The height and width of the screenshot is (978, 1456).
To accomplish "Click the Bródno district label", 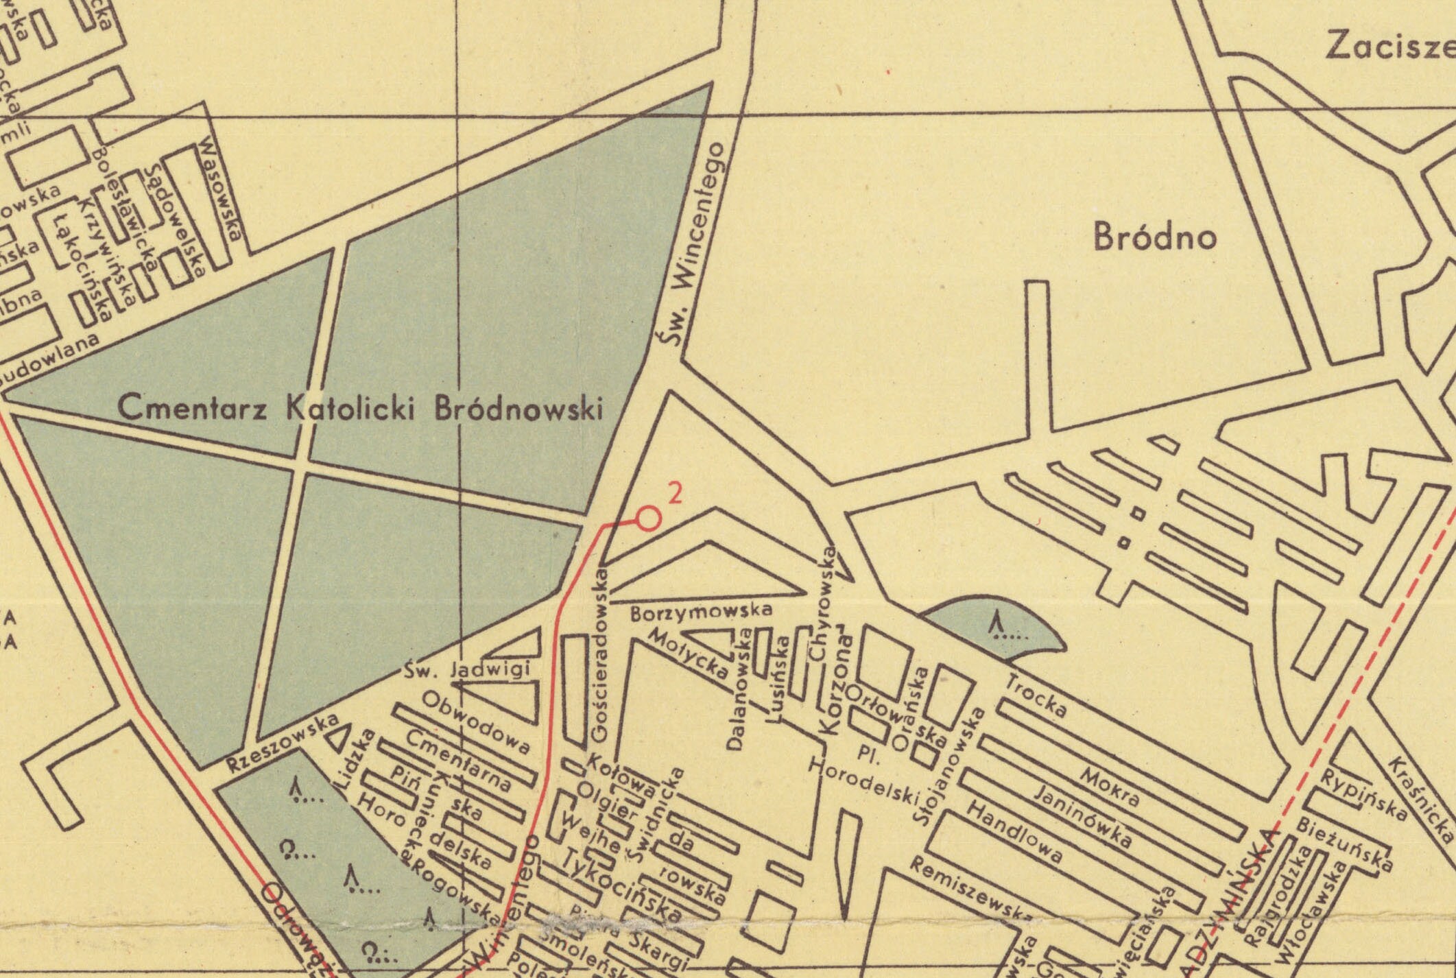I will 1155,237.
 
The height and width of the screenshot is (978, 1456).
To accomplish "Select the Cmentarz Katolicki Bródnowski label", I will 360,409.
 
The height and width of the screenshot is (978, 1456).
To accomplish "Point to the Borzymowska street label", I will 701,611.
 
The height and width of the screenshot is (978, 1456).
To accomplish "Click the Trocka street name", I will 1035,697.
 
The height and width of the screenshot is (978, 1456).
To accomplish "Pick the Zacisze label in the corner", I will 1389,47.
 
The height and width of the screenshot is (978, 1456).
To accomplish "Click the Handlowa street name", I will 1014,831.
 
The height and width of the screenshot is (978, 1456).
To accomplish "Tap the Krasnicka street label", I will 1421,799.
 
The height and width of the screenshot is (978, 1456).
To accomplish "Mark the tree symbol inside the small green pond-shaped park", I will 999,625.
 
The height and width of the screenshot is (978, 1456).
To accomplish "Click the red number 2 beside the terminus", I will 676,494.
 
